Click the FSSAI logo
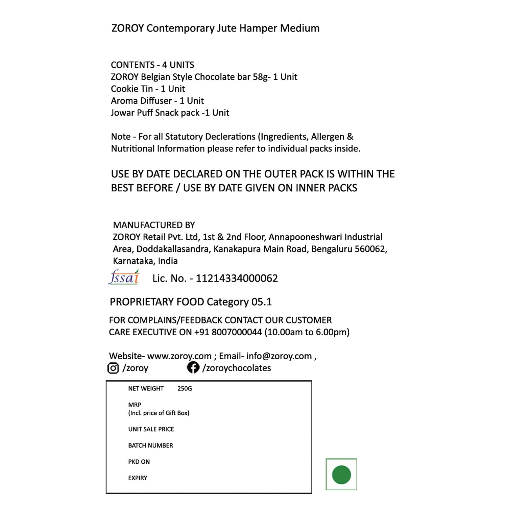(124, 277)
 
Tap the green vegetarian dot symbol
(341, 475)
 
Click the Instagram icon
(113, 368)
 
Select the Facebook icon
(193, 367)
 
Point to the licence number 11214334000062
(237, 278)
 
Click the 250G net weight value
(185, 389)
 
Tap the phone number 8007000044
(237, 332)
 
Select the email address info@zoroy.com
(279, 356)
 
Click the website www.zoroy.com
(179, 356)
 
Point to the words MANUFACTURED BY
(154, 225)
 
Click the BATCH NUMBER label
(150, 445)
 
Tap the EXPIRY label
(138, 478)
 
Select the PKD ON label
(139, 462)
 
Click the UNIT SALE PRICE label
(151, 429)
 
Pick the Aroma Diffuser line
(157, 101)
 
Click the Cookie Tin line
(148, 89)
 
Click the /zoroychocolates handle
(237, 368)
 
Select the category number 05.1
(262, 302)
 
